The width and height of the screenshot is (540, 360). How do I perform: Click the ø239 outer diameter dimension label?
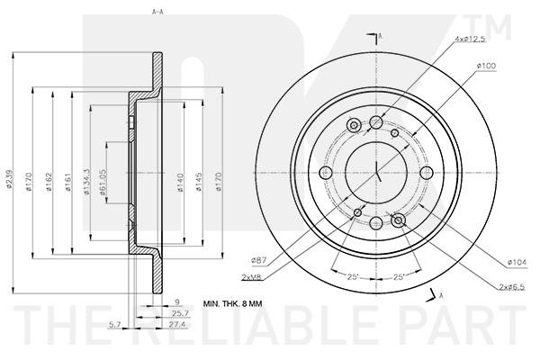point(10,179)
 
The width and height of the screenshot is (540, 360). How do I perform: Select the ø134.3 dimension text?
point(86,182)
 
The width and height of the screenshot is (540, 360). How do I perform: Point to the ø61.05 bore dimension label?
point(103,182)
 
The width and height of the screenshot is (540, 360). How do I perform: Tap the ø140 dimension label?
point(182,183)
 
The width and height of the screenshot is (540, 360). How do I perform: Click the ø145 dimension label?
point(199,182)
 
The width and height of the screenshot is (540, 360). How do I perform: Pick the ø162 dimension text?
point(49,182)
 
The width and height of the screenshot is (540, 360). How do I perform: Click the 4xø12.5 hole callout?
point(470,39)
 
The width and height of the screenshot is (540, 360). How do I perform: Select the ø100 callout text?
point(486,66)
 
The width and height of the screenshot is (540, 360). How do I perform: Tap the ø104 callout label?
point(517,263)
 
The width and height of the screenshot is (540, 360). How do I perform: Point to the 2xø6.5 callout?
point(512,286)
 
